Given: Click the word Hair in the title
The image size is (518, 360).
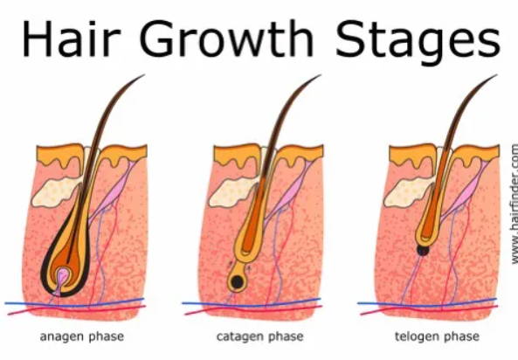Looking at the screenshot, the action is (x=71, y=38).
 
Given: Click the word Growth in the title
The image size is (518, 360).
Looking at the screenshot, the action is (x=227, y=38).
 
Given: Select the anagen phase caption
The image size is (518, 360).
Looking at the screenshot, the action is (x=82, y=337).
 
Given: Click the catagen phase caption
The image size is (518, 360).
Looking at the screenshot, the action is (x=259, y=337).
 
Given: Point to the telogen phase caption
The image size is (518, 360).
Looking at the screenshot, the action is (x=437, y=337).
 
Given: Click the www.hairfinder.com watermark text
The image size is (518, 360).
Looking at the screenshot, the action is (x=514, y=204).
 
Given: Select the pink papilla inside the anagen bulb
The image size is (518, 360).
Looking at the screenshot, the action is (x=62, y=276).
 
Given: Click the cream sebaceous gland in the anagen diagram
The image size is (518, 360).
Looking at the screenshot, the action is (x=57, y=192).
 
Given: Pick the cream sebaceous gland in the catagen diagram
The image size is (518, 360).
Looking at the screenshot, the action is (x=234, y=192).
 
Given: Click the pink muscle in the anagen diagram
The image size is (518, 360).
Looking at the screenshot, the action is (x=114, y=191).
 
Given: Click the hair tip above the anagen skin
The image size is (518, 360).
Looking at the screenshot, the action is (x=144, y=75).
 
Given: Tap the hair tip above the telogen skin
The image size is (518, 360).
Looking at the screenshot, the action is (x=496, y=75).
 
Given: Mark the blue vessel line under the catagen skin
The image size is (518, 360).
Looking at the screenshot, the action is (x=251, y=302).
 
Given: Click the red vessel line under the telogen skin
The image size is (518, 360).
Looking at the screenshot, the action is (x=429, y=309).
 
